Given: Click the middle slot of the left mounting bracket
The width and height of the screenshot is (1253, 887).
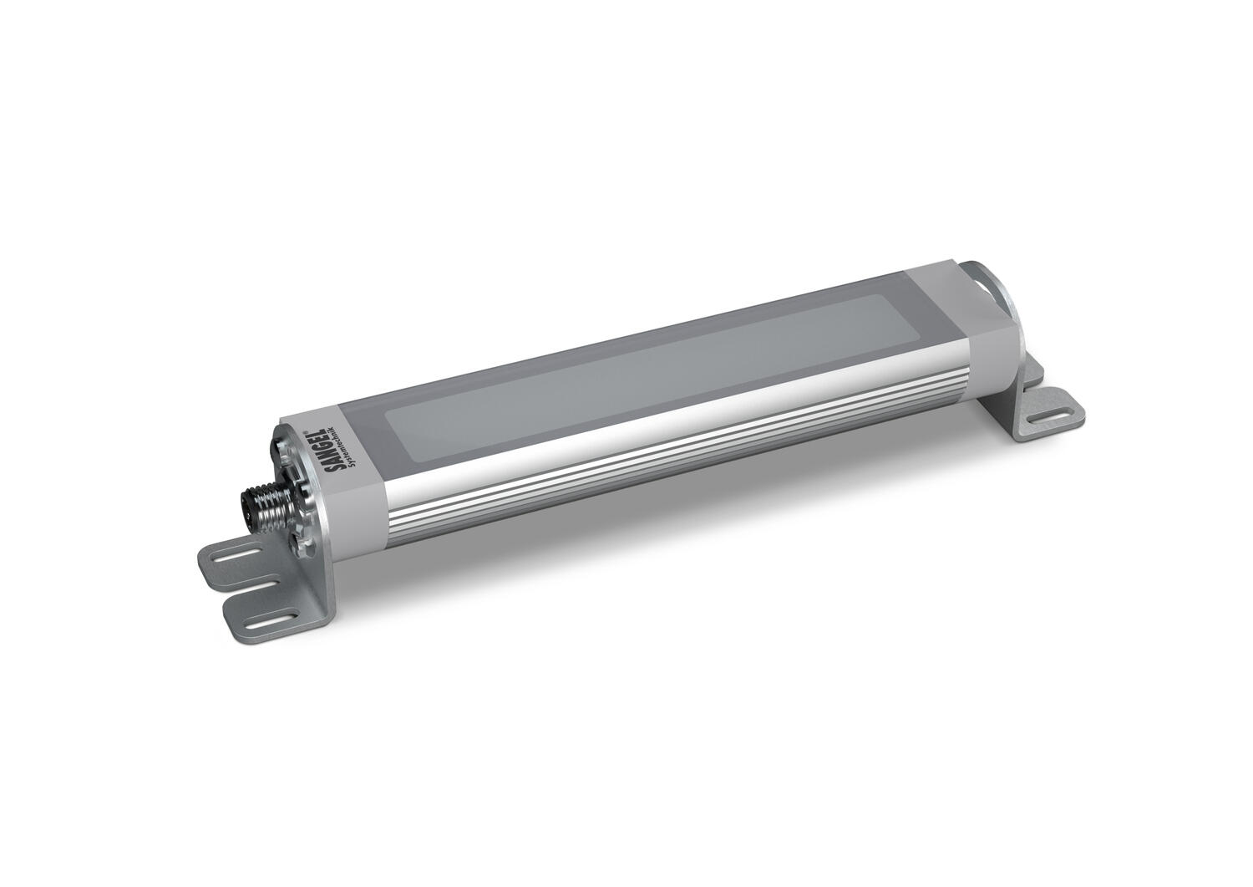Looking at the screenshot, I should click(x=254, y=585).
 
